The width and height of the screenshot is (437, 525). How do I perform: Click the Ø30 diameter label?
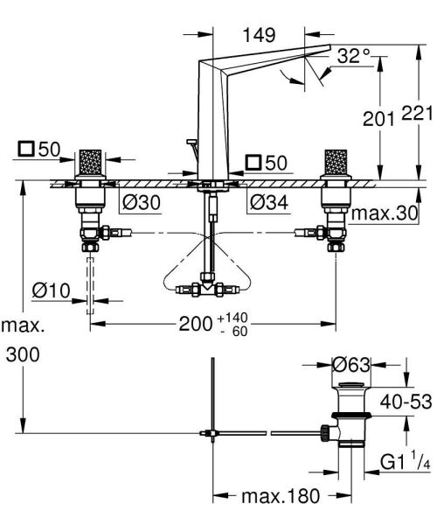(139, 202)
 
